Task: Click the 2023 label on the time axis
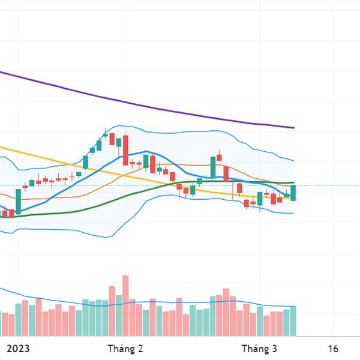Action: [18, 349]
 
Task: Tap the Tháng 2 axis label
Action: [125, 349]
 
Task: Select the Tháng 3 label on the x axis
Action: [259, 349]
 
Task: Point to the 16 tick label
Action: [334, 349]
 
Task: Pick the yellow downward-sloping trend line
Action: [60, 160]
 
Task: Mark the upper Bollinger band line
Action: [198, 131]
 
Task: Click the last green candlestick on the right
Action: [293, 193]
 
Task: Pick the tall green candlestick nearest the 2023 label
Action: [18, 202]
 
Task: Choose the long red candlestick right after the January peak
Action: [125, 150]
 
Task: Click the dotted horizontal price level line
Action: [324, 185]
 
